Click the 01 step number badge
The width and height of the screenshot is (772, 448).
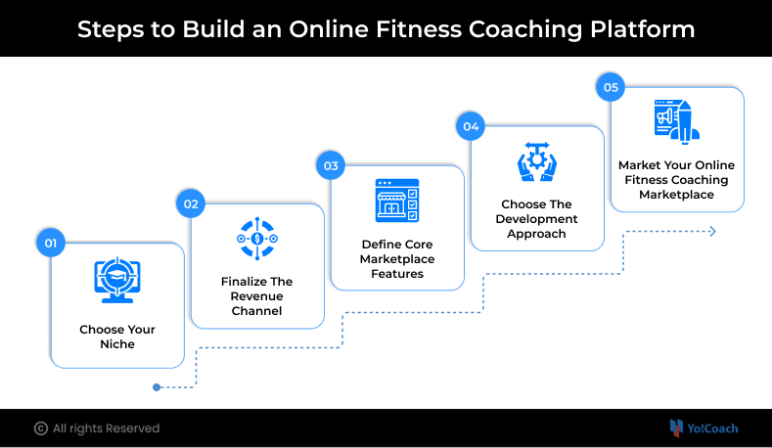[51, 243]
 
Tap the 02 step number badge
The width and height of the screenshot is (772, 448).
[191, 203]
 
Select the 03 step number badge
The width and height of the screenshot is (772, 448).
[331, 165]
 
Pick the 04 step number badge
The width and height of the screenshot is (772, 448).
[471, 126]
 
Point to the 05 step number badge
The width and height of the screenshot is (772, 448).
[611, 87]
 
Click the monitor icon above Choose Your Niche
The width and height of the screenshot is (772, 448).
[117, 278]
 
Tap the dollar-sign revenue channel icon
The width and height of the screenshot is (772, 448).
[257, 239]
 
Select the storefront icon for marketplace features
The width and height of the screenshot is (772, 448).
[397, 201]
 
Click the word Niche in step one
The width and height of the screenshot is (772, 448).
[117, 344]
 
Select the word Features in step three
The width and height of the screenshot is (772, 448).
[397, 274]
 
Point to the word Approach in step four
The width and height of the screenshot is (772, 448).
[536, 234]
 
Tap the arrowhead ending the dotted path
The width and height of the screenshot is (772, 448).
[712, 231]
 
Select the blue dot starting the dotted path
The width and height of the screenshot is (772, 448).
[157, 387]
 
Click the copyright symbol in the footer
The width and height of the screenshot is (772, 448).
[41, 428]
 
